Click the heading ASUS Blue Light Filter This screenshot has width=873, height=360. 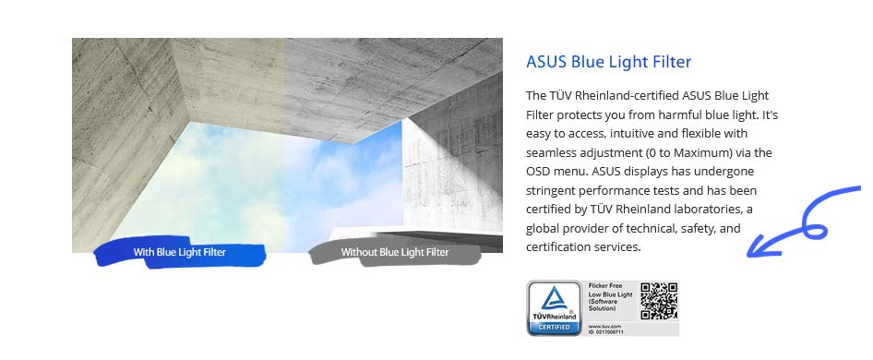pos(608,62)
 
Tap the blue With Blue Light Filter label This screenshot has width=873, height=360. pos(179,252)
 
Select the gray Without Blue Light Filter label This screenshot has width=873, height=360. pos(395,252)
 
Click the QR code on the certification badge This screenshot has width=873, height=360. pos(659,301)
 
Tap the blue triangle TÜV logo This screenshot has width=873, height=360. pos(554,297)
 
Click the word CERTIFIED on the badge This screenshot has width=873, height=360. pos(554,326)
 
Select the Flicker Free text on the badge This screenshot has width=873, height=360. pos(607,286)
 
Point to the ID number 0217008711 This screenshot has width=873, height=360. pos(610,331)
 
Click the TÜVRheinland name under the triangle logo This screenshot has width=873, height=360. pos(554,316)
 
